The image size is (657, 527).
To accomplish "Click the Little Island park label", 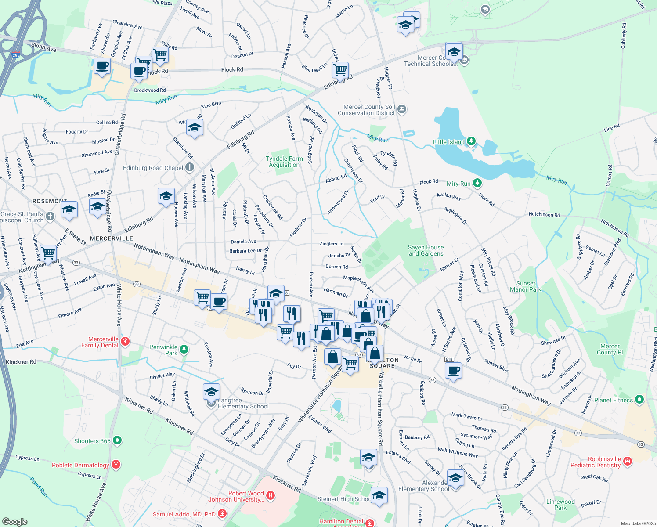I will tap(448, 142).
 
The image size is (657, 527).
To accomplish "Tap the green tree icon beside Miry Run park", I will tap(477, 183).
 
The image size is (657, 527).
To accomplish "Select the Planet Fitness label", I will tap(613, 400).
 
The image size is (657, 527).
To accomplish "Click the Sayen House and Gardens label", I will tap(426, 250).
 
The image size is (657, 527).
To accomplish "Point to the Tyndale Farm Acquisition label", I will tap(284, 162).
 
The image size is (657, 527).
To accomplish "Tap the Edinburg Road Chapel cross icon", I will tap(189, 167).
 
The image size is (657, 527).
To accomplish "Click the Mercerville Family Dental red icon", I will tap(125, 342).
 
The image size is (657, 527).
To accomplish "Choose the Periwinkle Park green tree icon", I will tap(184, 350).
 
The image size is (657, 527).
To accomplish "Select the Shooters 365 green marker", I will tap(117, 440).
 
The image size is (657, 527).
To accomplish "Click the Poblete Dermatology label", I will tap(80, 465).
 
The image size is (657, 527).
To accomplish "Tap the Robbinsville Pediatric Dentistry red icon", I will tap(627, 461).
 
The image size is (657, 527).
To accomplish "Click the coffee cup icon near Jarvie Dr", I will tap(454, 371).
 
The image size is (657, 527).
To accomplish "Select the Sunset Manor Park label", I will tap(525, 286).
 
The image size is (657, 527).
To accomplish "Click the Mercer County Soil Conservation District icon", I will tap(401, 109).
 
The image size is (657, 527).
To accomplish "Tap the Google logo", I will tap(14, 522).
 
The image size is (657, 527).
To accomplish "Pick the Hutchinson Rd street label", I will tap(544, 215).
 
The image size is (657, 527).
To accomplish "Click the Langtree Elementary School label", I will tap(243, 404).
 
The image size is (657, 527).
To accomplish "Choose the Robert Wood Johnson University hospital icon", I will tap(271, 496).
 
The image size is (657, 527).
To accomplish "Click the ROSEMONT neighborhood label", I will tap(50, 201).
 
